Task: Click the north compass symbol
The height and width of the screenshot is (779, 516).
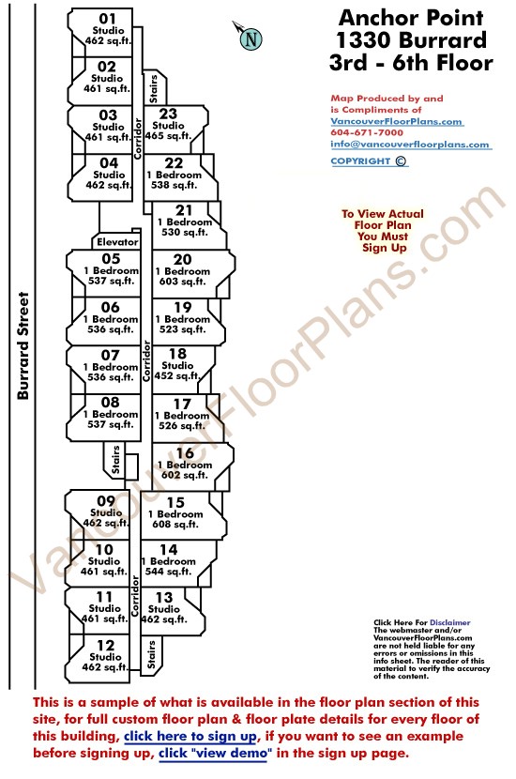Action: click(249, 36)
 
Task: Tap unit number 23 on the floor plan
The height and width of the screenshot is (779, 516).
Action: click(168, 114)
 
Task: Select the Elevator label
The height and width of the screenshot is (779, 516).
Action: click(117, 242)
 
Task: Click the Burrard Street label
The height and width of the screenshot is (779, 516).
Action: click(23, 345)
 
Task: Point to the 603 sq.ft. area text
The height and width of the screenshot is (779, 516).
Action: click(182, 282)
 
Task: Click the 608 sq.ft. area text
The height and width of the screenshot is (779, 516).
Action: click(175, 524)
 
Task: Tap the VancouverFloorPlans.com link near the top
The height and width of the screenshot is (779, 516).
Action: click(397, 122)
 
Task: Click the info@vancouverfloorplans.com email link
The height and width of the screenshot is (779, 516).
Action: click(410, 145)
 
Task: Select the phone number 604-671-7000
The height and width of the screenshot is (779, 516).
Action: click(367, 132)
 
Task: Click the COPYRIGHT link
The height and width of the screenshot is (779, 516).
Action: click(369, 161)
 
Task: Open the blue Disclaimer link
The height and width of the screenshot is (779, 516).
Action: click(450, 622)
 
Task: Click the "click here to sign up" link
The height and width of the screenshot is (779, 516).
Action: click(190, 736)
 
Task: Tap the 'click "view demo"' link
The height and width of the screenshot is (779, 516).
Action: click(215, 753)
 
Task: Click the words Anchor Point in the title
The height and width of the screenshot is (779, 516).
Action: click(411, 18)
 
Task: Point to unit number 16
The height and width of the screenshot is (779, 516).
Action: click(185, 453)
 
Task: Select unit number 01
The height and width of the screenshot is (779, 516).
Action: click(107, 19)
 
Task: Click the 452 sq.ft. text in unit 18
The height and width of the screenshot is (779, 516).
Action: click(177, 376)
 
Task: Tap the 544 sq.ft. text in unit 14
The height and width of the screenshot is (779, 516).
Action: click(168, 572)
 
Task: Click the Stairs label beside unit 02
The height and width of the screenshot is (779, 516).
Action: click(154, 88)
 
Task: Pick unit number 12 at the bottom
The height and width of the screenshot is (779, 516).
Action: click(105, 646)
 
